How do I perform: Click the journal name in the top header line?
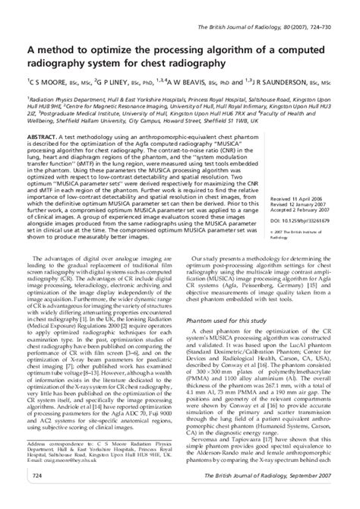[251, 8]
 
